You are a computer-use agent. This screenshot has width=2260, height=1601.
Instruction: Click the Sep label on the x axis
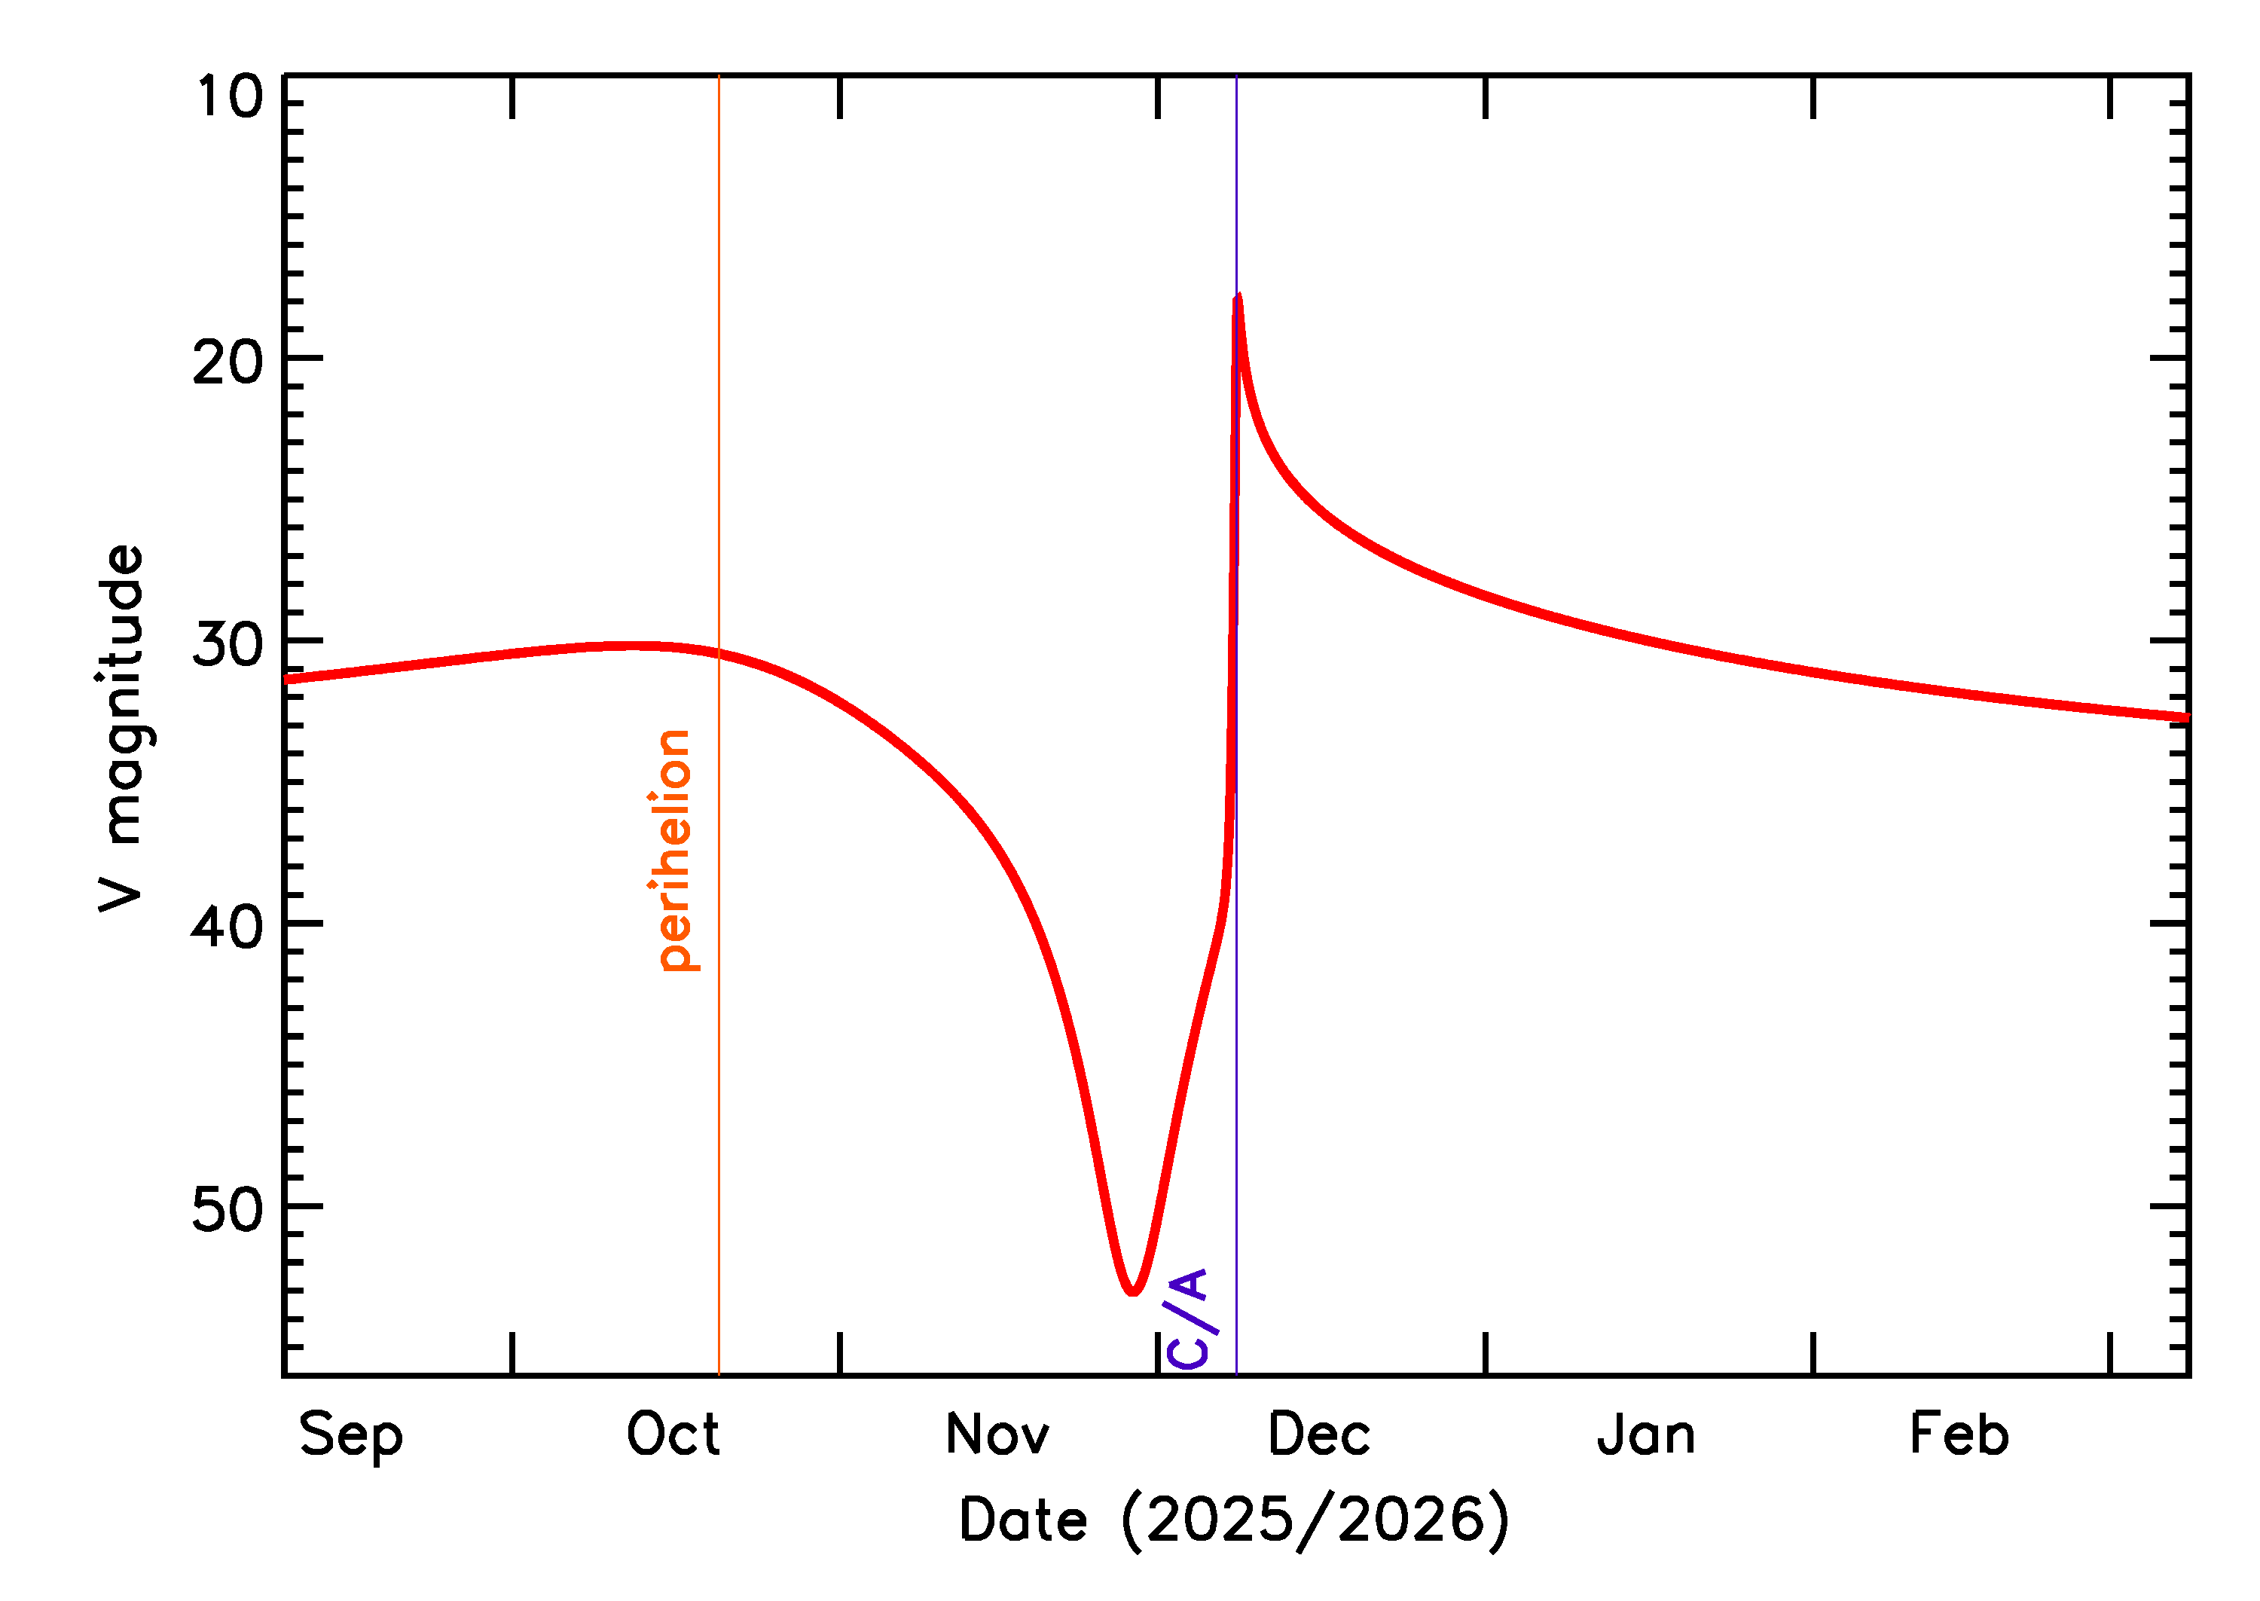(x=351, y=1435)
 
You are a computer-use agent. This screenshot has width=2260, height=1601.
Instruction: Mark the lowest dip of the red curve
(x=1134, y=1291)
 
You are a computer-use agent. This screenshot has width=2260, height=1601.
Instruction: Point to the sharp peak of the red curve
(x=1238, y=297)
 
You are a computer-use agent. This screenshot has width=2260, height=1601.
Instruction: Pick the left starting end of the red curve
(x=286, y=680)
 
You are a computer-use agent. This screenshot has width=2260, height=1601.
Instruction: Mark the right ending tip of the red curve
(x=2187, y=718)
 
